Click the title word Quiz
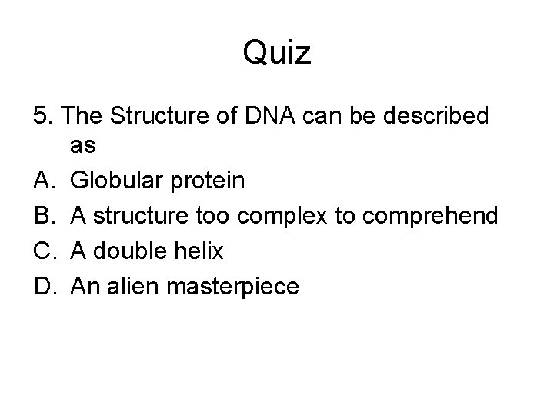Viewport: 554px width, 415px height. click(x=276, y=54)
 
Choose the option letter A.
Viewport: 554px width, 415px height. click(x=44, y=181)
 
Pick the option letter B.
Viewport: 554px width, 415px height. click(x=44, y=216)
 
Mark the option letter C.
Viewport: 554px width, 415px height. click(x=44, y=251)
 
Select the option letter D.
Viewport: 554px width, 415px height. click(x=44, y=287)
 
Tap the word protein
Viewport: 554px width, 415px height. click(x=209, y=182)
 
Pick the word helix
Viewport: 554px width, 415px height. click(x=199, y=251)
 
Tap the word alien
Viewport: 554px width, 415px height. click(x=126, y=287)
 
